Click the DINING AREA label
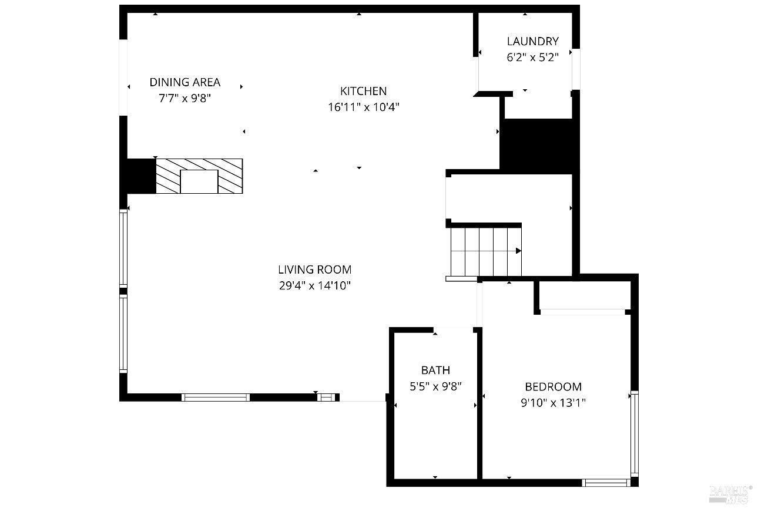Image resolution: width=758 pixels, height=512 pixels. point(185,82)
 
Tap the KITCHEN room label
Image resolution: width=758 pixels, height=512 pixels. point(363,91)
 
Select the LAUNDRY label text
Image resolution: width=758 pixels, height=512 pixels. point(532,41)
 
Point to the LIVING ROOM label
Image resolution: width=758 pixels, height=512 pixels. point(315,270)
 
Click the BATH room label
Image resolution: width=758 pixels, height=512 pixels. point(435,370)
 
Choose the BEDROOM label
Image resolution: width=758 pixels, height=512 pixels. point(554,386)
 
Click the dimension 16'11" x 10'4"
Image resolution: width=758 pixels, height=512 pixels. point(364,107)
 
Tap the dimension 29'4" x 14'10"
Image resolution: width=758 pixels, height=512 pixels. point(315,286)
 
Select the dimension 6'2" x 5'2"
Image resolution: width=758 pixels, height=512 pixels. point(532,58)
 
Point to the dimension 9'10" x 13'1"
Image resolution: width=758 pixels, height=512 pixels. point(554,403)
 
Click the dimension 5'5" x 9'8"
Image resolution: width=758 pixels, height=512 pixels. point(435,386)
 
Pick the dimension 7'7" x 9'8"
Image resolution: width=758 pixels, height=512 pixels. point(185,99)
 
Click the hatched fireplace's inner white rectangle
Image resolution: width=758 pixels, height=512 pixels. point(199,181)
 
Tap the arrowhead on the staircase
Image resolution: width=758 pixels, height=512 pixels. point(518,251)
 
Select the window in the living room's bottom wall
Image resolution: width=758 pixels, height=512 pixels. point(216,398)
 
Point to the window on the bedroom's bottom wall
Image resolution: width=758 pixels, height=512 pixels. point(606,483)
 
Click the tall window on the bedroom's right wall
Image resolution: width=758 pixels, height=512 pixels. point(635,433)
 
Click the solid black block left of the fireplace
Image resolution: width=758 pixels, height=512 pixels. point(142,176)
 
